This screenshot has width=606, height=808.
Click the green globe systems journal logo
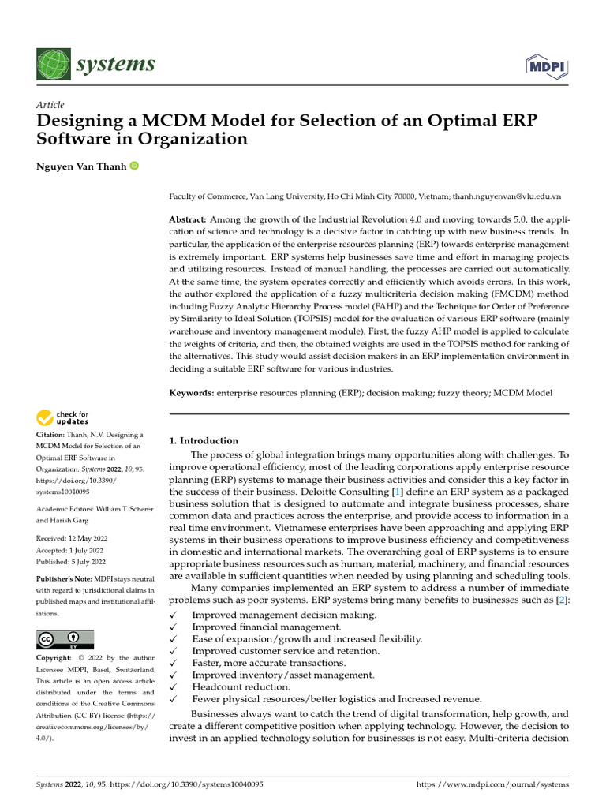(53, 65)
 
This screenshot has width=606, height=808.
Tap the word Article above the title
(50, 105)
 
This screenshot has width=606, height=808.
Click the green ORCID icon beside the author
(133, 166)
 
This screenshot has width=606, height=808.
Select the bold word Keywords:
(192, 392)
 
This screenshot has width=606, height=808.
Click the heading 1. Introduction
(204, 440)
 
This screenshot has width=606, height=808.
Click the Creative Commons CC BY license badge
(65, 639)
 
